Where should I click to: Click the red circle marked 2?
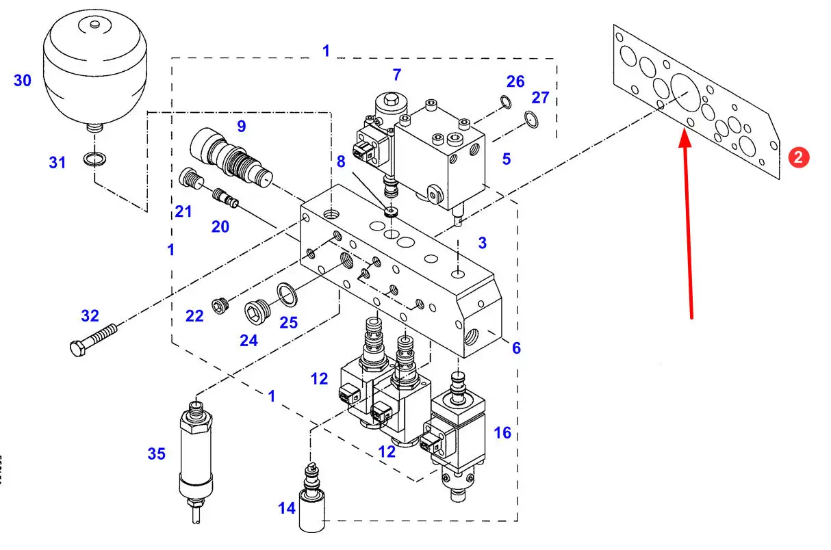pyautogui.click(x=798, y=157)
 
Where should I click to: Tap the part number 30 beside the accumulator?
pyautogui.click(x=23, y=81)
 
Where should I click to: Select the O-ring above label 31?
pyautogui.click(x=94, y=159)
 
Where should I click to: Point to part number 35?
pyautogui.click(x=157, y=454)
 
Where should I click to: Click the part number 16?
pyautogui.click(x=502, y=433)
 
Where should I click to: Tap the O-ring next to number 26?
pyautogui.click(x=506, y=102)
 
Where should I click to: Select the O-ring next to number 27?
pyautogui.click(x=532, y=120)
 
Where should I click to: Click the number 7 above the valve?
pyautogui.click(x=397, y=75)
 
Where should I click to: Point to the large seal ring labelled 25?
pyautogui.click(x=287, y=295)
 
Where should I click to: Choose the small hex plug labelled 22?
pyautogui.click(x=220, y=306)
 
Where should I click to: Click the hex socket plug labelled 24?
pyautogui.click(x=257, y=311)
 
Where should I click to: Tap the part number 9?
pyautogui.click(x=242, y=127)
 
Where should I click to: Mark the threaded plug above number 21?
pyautogui.click(x=191, y=179)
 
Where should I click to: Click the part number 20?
pyautogui.click(x=220, y=226)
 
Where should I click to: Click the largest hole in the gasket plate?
pyautogui.click(x=686, y=93)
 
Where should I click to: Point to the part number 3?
pyautogui.click(x=483, y=243)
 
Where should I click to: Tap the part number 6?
pyautogui.click(x=516, y=348)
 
